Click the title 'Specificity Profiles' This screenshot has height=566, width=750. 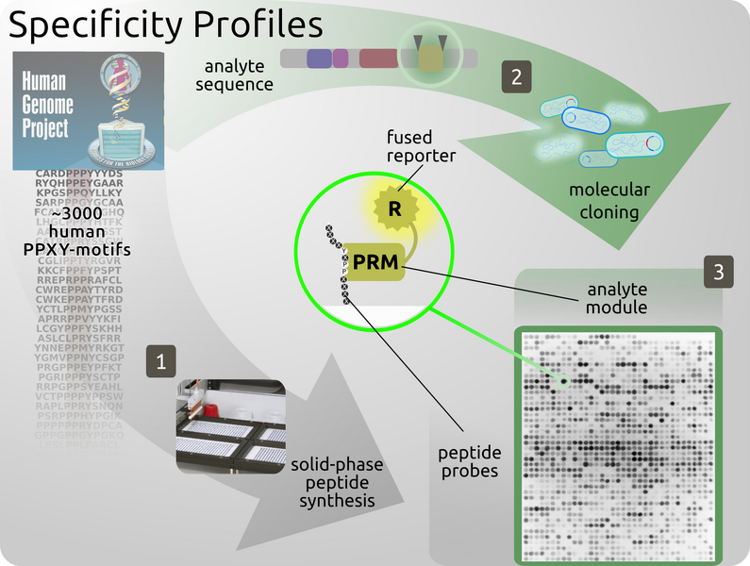tap(165, 25)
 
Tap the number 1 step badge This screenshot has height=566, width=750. tap(161, 360)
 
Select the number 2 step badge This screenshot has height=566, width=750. tap(515, 77)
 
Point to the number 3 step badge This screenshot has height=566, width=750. tap(719, 274)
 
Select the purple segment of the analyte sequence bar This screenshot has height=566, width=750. tap(319, 58)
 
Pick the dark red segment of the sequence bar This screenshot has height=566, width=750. tap(378, 58)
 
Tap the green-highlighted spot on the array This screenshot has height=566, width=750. tap(563, 382)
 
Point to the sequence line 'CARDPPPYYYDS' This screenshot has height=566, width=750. tap(79, 175)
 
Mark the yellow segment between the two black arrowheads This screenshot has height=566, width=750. tap(430, 58)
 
